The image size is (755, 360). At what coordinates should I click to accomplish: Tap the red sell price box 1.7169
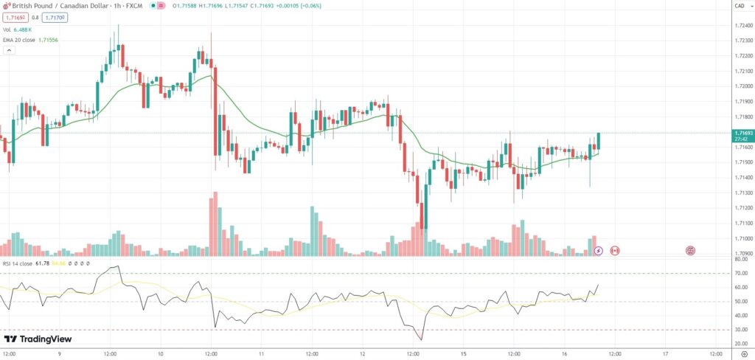pos(15,17)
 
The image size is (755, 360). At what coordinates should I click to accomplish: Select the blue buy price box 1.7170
pos(55,17)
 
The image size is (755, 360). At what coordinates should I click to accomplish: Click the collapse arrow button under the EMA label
pos(9,51)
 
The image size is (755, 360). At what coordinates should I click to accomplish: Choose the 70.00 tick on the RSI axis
pos(740,273)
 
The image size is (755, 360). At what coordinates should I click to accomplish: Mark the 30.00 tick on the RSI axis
pos(740,329)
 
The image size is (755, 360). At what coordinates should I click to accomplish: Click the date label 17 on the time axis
pos(665,353)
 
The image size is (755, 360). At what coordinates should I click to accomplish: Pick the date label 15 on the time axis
pos(463,353)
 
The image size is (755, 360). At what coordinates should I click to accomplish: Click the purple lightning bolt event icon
pos(599,251)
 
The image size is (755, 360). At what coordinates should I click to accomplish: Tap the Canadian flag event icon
pos(615,251)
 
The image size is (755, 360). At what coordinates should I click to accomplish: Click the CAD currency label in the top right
pos(739,6)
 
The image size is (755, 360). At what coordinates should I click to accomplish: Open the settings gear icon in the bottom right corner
pos(743,353)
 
